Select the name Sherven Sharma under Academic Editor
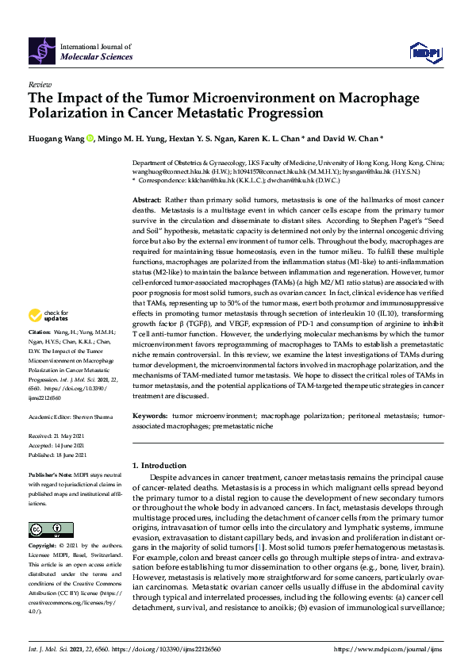pyautogui.click(x=92, y=417)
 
